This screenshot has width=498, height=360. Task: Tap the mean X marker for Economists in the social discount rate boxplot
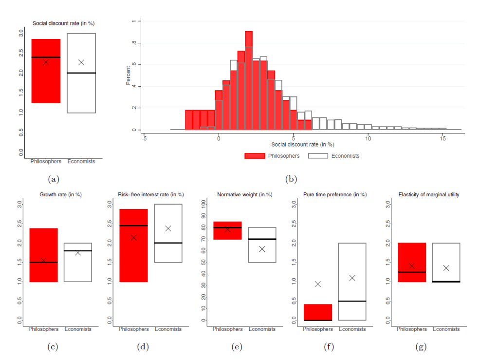(x=81, y=62)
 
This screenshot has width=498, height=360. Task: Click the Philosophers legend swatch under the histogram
(x=255, y=156)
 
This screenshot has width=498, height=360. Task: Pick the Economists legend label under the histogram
(x=345, y=156)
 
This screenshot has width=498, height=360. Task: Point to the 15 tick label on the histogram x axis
(x=443, y=139)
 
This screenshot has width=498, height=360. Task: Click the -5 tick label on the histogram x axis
(x=144, y=139)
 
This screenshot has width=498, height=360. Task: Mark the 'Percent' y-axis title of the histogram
(x=129, y=76)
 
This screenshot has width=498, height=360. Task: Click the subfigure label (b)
(x=291, y=179)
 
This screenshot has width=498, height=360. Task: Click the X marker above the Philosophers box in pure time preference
(x=318, y=284)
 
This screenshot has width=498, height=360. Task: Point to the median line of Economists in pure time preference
(x=352, y=301)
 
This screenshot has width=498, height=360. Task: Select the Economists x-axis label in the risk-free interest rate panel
(x=168, y=329)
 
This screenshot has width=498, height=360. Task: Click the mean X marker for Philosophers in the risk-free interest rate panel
(x=133, y=238)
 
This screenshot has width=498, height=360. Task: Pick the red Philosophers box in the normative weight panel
(x=227, y=230)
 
